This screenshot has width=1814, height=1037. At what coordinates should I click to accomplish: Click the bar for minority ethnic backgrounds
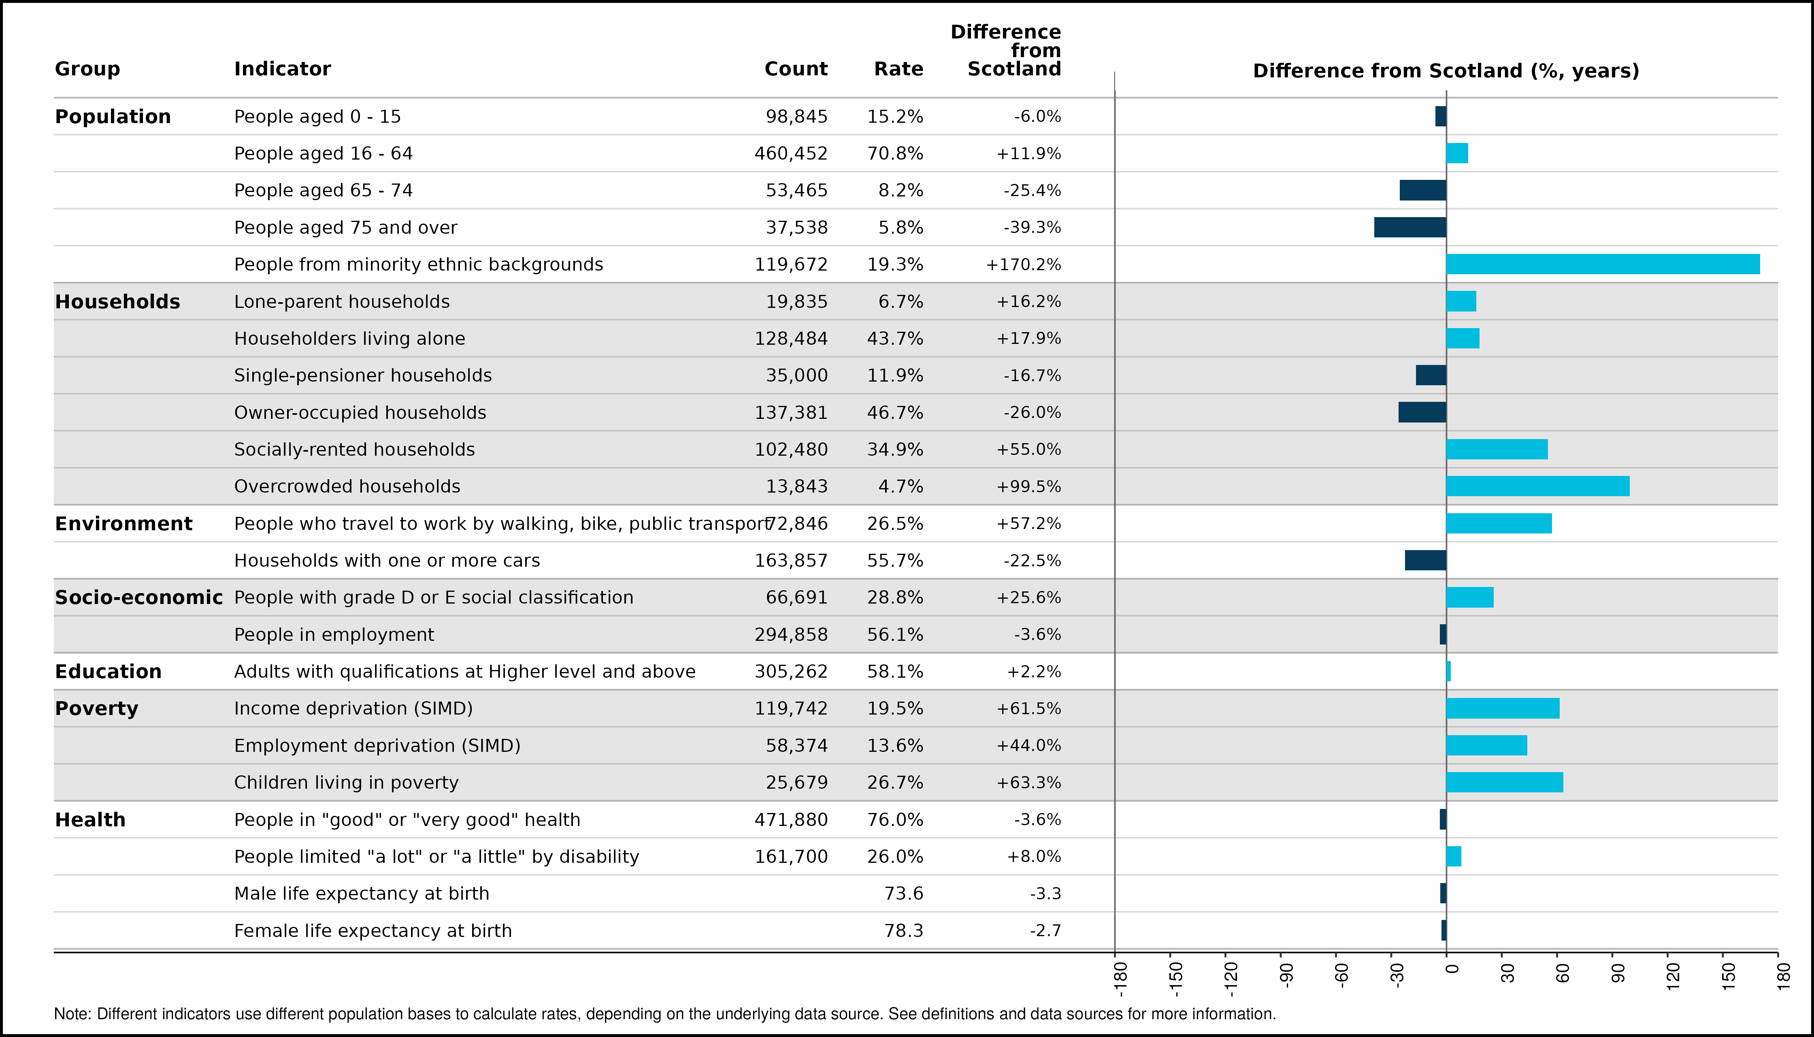point(1603,264)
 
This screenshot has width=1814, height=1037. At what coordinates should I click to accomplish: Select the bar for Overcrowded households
point(1538,486)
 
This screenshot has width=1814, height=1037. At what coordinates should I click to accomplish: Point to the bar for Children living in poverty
point(1504,782)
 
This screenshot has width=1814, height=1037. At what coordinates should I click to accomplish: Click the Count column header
point(796,69)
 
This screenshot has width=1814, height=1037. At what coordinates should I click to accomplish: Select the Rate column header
point(898,69)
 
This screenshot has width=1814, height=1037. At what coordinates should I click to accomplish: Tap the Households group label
point(117,302)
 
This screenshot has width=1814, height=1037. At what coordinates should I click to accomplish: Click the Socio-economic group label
point(139,597)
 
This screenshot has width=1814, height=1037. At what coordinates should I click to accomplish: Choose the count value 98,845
point(796,117)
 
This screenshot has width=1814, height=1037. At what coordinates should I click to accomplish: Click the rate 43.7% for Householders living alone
point(895,338)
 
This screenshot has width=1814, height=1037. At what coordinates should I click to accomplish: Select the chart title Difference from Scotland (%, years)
point(1446,71)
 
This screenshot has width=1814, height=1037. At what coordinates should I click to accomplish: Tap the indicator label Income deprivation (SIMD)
point(353,708)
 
